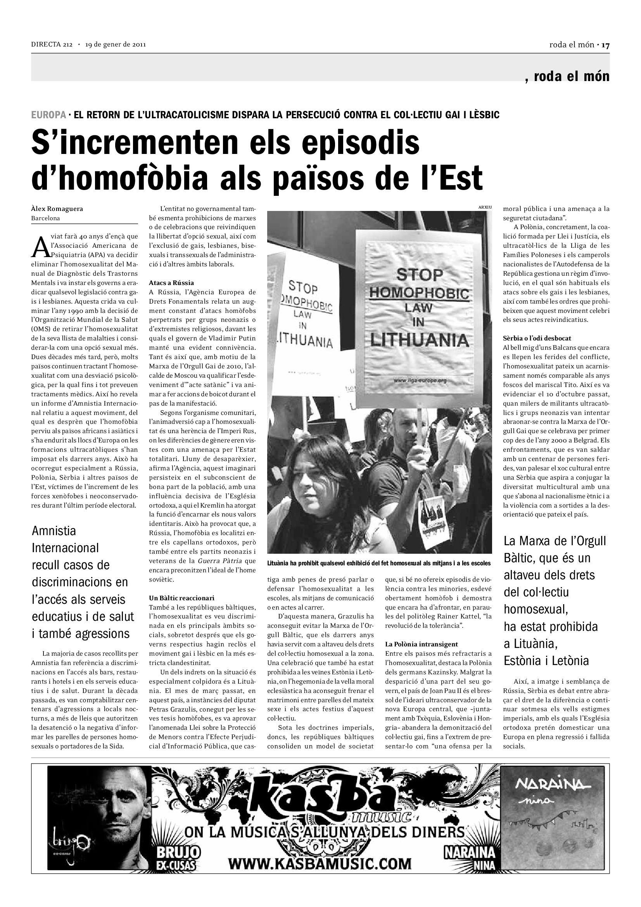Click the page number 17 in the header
click(605, 45)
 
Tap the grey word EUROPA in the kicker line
click(48, 115)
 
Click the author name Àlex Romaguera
click(57, 209)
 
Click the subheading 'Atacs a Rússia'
click(171, 283)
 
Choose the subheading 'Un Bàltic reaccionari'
click(182, 598)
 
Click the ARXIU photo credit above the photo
click(485, 207)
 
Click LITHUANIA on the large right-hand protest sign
click(419, 340)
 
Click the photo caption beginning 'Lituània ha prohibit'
click(379, 563)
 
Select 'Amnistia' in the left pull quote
click(54, 530)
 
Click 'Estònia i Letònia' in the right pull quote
click(546, 661)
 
